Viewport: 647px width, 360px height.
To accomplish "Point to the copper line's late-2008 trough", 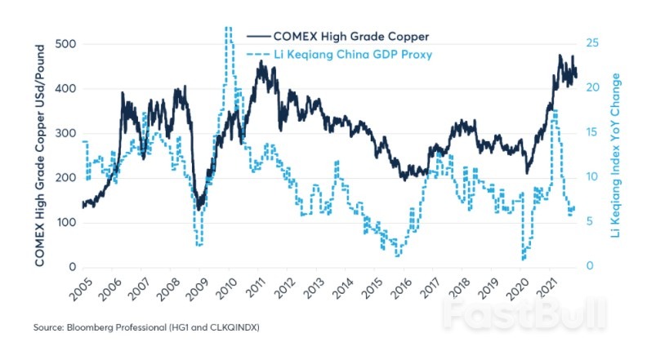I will pyautogui.click(x=199, y=209).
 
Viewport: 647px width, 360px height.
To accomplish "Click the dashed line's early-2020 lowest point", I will pyautogui.click(x=523, y=259).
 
